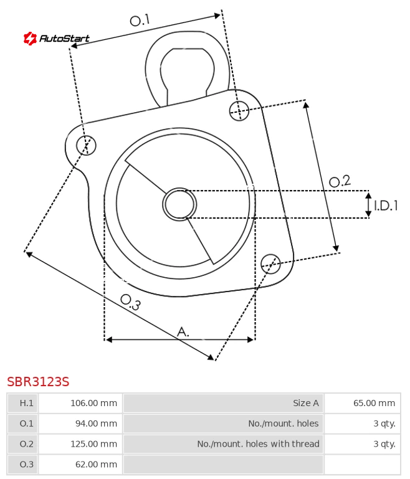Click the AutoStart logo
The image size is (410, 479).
pyautogui.click(x=57, y=38)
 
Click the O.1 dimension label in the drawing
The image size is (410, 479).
pyautogui.click(x=140, y=20)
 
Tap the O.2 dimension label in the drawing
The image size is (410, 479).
pyautogui.click(x=340, y=181)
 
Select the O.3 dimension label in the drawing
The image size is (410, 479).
pyautogui.click(x=130, y=302)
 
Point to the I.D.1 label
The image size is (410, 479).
pyautogui.click(x=386, y=206)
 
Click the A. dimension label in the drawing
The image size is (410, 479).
pyautogui.click(x=183, y=331)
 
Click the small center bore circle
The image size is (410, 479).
pyautogui.click(x=179, y=204)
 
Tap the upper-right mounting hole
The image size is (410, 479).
pyautogui.click(x=239, y=111)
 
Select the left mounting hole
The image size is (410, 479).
pyautogui.click(x=86, y=145)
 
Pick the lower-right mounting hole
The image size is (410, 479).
pyautogui.click(x=270, y=263)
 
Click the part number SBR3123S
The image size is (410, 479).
pyautogui.click(x=38, y=382)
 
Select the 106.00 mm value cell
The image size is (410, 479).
pyautogui.click(x=80, y=403)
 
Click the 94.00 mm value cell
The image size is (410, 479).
pyautogui.click(x=80, y=424)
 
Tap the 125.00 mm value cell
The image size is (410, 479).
pyautogui.click(x=80, y=444)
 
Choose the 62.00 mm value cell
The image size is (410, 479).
pyautogui.click(x=80, y=464)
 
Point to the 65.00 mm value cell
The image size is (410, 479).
pyautogui.click(x=363, y=403)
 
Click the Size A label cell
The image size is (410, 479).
pyautogui.click(x=223, y=403)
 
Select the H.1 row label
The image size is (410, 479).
pyautogui.click(x=23, y=403)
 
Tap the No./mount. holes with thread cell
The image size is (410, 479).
pyautogui.click(x=223, y=444)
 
